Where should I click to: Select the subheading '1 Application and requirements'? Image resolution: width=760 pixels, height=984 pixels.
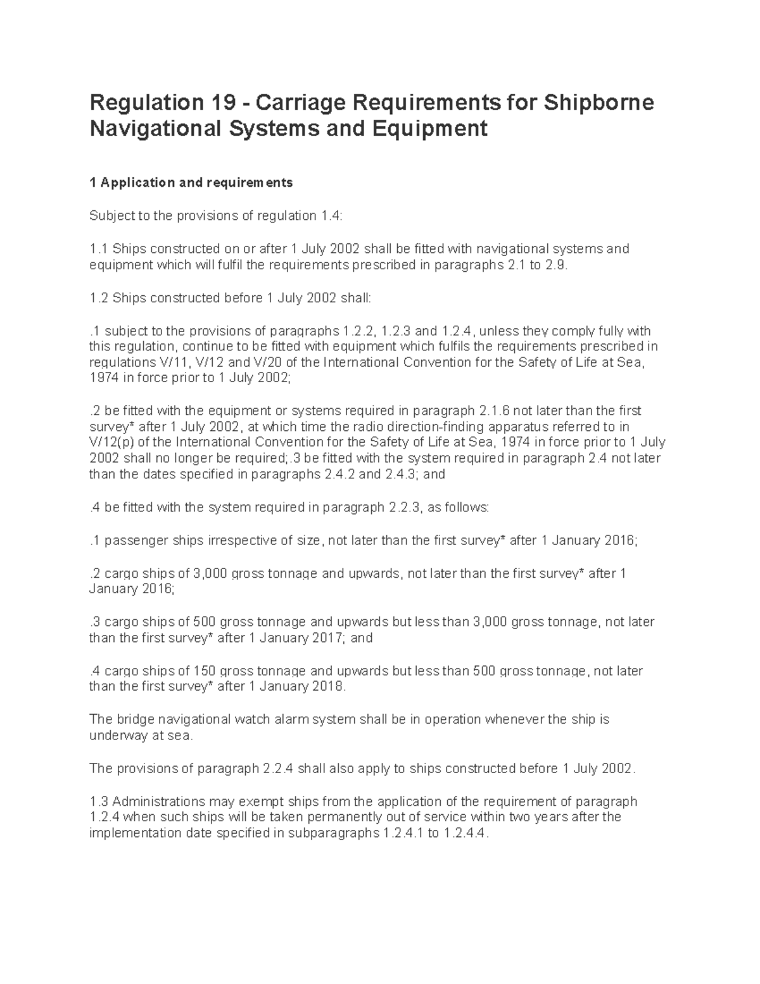pos(191,183)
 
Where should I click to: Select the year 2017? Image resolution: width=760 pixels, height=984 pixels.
pos(327,638)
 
